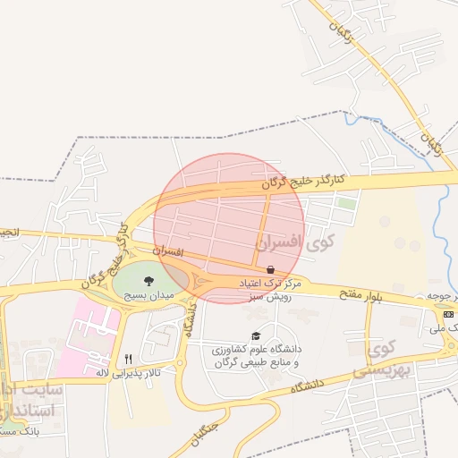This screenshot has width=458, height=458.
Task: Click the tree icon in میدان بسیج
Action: tap(148, 281)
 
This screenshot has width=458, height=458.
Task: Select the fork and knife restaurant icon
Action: tap(129, 359)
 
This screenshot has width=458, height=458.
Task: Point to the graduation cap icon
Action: tap(256, 335)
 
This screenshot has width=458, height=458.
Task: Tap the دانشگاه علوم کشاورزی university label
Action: tap(256, 354)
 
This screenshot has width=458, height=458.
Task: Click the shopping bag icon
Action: tap(270, 268)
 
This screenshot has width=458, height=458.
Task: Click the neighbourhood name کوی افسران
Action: tap(293, 242)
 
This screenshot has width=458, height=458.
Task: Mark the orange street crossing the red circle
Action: tap(266, 224)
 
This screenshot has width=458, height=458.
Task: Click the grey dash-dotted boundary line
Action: tap(179, 136)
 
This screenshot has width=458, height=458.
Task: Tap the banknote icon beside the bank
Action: tap(448, 314)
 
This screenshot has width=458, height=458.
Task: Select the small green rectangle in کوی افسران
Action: tap(346, 203)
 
